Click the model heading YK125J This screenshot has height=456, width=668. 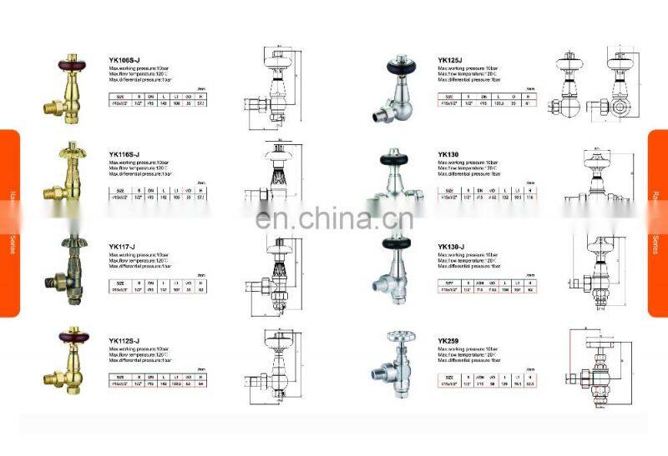point(452,61)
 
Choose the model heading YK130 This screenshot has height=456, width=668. point(448,154)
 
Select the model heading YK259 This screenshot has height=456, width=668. point(448,340)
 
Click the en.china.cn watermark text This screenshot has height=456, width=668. point(334,219)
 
